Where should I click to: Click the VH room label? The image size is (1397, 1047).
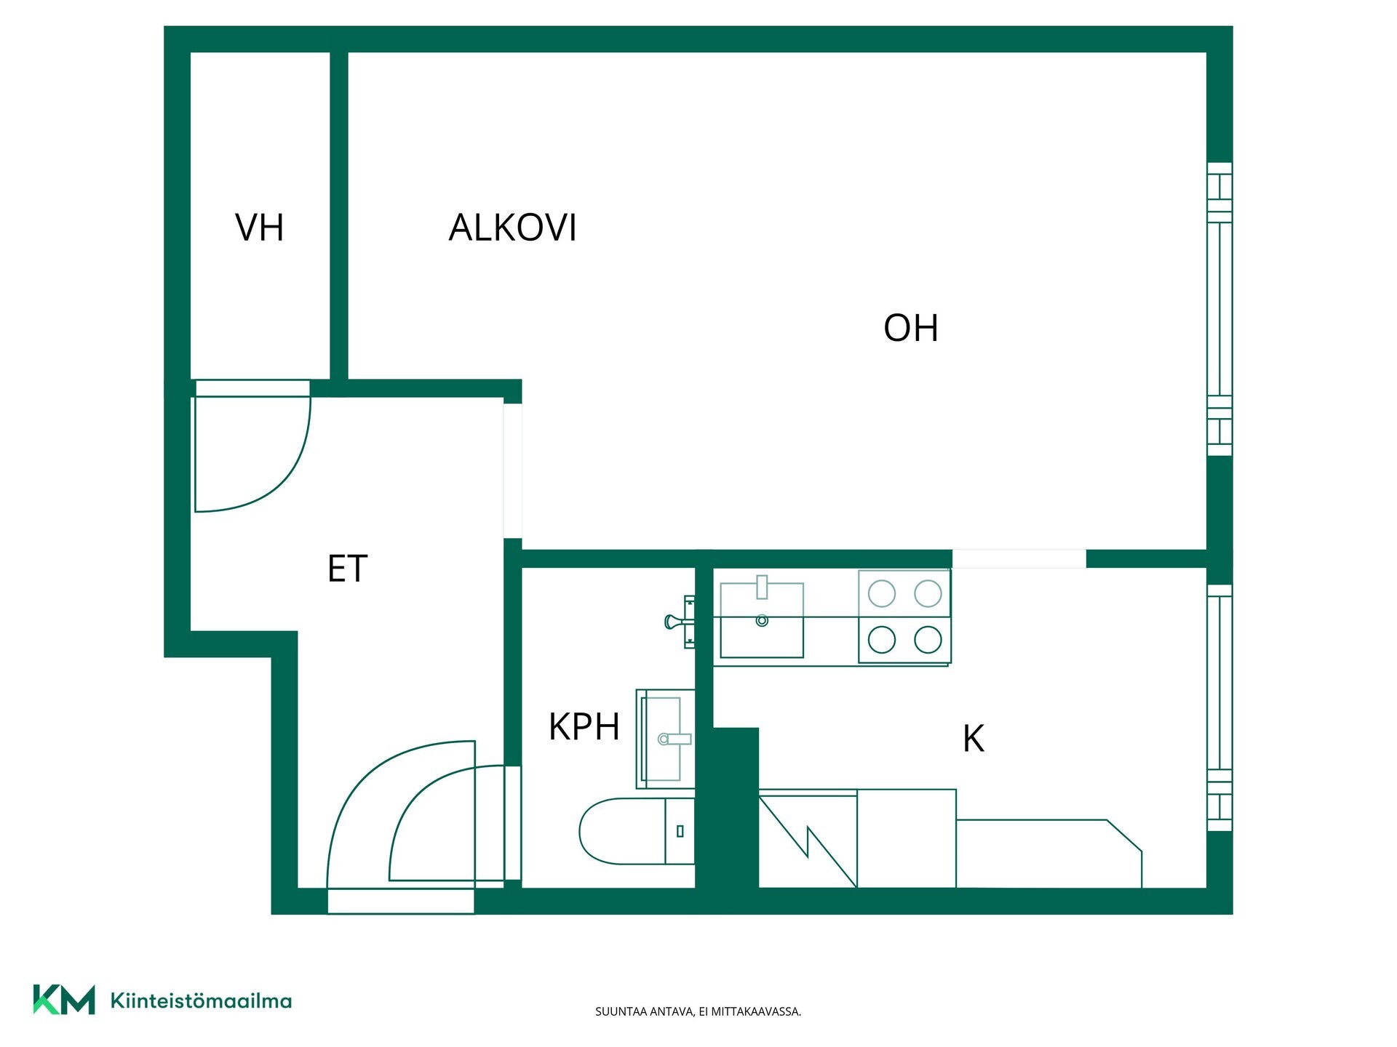tap(259, 228)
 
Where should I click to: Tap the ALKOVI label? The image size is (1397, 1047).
tap(513, 228)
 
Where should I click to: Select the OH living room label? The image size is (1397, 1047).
tap(910, 328)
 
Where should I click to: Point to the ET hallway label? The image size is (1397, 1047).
tap(347, 569)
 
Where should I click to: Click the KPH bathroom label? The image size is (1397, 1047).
tap(584, 726)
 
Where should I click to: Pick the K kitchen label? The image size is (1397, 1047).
tap(973, 739)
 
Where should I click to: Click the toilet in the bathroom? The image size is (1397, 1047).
tap(637, 831)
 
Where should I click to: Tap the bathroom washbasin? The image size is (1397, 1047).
tap(666, 739)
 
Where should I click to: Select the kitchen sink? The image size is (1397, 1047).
tap(762, 620)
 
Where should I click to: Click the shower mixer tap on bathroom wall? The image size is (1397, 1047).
tap(680, 622)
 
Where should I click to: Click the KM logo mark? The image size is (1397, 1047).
tap(64, 1000)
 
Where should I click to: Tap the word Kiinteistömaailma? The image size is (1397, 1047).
tap(201, 1000)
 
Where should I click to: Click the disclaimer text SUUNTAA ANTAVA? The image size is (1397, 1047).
tap(644, 1011)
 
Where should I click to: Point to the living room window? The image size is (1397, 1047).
tap(1219, 309)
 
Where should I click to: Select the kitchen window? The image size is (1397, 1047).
tap(1219, 707)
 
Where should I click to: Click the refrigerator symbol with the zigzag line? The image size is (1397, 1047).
tap(808, 841)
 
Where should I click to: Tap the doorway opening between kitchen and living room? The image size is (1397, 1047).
tap(1019, 558)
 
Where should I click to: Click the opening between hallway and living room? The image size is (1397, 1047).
tap(513, 471)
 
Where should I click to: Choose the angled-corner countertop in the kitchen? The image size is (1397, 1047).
tap(1048, 854)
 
